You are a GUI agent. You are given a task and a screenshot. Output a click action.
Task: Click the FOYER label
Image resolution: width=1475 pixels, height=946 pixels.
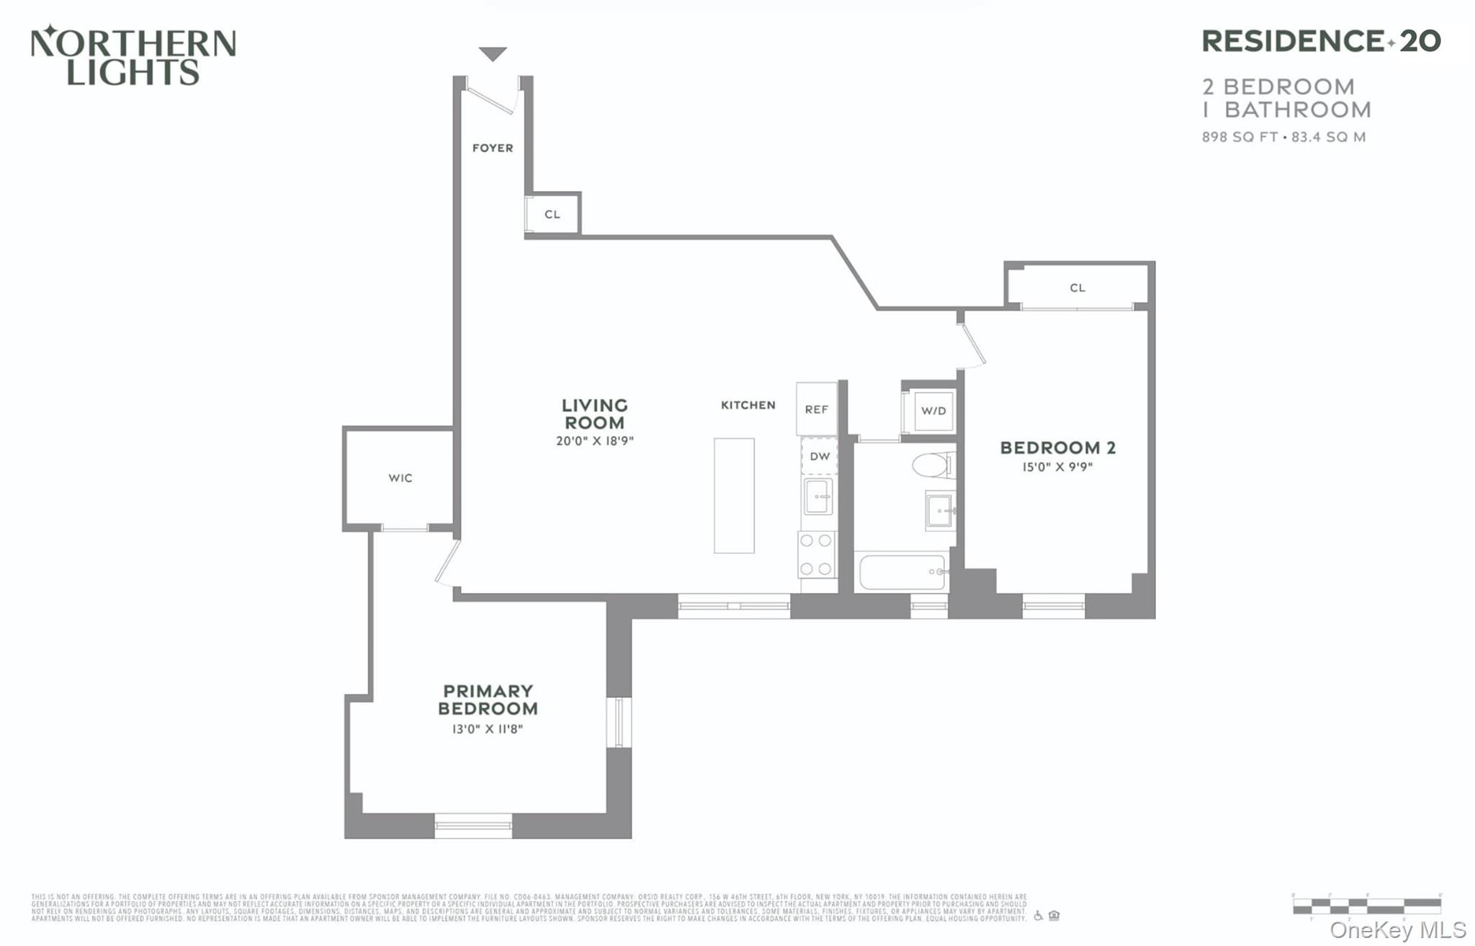493,148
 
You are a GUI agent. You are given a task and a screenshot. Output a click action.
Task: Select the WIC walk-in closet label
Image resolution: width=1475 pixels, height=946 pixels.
400,478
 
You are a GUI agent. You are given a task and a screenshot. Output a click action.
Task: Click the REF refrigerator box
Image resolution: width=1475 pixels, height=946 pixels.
816,409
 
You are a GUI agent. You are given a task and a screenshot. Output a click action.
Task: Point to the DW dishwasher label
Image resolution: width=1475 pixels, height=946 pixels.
820,456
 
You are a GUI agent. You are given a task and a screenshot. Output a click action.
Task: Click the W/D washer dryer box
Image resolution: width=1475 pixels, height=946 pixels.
933,411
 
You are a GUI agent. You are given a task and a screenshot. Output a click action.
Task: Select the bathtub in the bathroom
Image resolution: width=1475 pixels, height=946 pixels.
902,572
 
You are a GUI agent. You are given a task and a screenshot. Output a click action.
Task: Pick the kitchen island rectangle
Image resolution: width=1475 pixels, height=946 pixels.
734,496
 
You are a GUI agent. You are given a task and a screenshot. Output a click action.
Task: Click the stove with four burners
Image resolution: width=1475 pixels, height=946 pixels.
817,555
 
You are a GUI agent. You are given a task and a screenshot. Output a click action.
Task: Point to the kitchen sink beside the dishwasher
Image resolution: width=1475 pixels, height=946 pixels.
817,497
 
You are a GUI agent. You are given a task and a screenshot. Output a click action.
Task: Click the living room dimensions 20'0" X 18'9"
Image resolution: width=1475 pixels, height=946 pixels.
594,441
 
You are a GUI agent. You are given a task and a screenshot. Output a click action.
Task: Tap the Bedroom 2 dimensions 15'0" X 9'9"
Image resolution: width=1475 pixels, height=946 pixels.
1057,467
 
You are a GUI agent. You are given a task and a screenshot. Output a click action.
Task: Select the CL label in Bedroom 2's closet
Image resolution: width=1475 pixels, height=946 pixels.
1077,288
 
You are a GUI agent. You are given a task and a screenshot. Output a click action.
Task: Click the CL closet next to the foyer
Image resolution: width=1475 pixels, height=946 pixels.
552,214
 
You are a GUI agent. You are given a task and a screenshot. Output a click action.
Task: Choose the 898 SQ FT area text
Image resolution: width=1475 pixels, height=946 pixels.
1239,137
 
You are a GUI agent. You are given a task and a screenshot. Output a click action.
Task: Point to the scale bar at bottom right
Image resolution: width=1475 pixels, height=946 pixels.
1366,905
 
